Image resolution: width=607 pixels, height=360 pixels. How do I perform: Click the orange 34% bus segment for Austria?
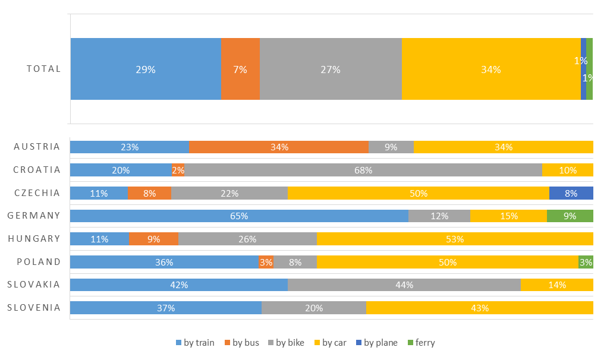coord(279,147)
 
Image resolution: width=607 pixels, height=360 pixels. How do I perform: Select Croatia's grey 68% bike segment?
coord(363,170)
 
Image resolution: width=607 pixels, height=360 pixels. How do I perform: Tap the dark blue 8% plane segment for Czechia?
coord(571,193)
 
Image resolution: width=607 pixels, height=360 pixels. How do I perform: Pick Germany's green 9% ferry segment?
coord(570,216)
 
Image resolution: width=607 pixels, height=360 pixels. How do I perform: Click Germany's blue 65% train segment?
coord(239,216)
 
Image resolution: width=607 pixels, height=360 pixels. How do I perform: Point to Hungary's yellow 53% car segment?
coord(455,239)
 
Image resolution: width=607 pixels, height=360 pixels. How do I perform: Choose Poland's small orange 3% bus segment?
coord(266,262)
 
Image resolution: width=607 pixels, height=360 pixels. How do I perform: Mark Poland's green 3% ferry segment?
coord(586,262)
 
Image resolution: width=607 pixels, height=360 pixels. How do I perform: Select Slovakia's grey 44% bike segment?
coord(404,285)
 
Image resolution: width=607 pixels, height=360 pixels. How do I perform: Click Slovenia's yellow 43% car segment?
coord(480,308)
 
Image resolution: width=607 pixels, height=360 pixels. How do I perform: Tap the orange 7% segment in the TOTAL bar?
coord(240,69)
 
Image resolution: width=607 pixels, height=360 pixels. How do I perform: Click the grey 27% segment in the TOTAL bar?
coord(331,69)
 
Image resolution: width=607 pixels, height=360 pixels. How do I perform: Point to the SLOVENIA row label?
coord(34,308)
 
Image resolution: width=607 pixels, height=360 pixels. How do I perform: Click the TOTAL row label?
coord(43,69)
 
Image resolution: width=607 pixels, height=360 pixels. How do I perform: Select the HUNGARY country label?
coord(34,239)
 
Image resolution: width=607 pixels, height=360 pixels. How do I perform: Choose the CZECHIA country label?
coord(37,193)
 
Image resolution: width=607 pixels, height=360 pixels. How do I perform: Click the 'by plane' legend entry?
coord(377,343)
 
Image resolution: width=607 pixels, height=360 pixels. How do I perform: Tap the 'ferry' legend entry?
coord(422,343)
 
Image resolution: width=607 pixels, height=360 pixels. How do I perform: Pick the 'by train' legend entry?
coord(195,343)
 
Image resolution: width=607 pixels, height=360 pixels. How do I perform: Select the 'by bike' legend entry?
coord(286,343)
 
